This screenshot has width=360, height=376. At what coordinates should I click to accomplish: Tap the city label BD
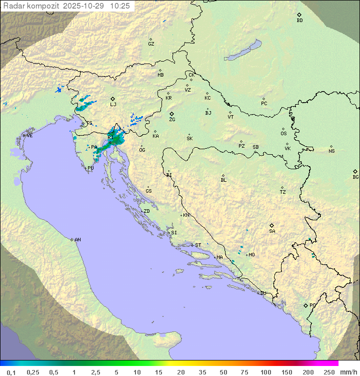pyautogui.click(x=299, y=21)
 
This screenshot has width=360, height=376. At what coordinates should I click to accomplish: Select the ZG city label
pyautogui.click(x=172, y=120)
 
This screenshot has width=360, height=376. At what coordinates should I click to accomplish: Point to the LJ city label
pyautogui.click(x=113, y=105)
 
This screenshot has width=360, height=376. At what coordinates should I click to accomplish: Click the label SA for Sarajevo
pyautogui.click(x=272, y=231)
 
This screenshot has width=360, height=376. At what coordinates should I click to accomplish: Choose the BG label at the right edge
pyautogui.click(x=355, y=177)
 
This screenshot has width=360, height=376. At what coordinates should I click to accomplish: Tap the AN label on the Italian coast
pyautogui.click(x=77, y=240)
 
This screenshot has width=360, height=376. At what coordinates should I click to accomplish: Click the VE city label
pyautogui.click(x=29, y=136)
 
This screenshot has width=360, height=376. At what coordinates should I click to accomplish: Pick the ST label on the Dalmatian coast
pyautogui.click(x=198, y=245)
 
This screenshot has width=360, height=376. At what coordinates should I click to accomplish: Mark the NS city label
pyautogui.click(x=331, y=151)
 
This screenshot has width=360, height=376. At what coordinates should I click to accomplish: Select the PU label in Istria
pyautogui.click(x=90, y=168)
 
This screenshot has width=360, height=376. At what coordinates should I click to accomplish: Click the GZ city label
pyautogui.click(x=151, y=44)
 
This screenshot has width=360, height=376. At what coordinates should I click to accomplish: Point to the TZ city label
pyautogui.click(x=283, y=192)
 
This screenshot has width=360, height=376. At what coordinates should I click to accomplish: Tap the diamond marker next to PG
pyautogui.click(x=305, y=305)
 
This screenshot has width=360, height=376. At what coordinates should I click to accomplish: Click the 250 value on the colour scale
pyautogui.click(x=329, y=372)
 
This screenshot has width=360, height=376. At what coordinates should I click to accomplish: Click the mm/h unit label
pyautogui.click(x=347, y=372)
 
